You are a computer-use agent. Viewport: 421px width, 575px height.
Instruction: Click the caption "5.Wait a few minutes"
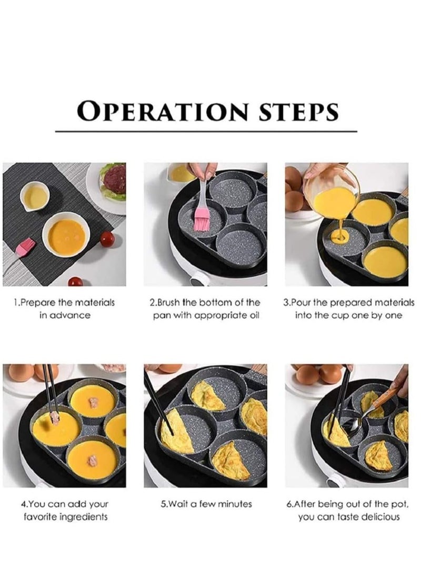point(206,504)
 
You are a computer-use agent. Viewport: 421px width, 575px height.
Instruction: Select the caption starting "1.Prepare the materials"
point(64,303)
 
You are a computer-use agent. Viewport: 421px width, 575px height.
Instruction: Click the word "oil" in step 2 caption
point(252,315)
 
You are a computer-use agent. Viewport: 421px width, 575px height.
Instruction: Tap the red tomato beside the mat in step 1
point(107,239)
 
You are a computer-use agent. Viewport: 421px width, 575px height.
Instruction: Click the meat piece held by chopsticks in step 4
point(53,419)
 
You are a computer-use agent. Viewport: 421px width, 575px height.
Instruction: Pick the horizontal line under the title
point(206,131)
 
